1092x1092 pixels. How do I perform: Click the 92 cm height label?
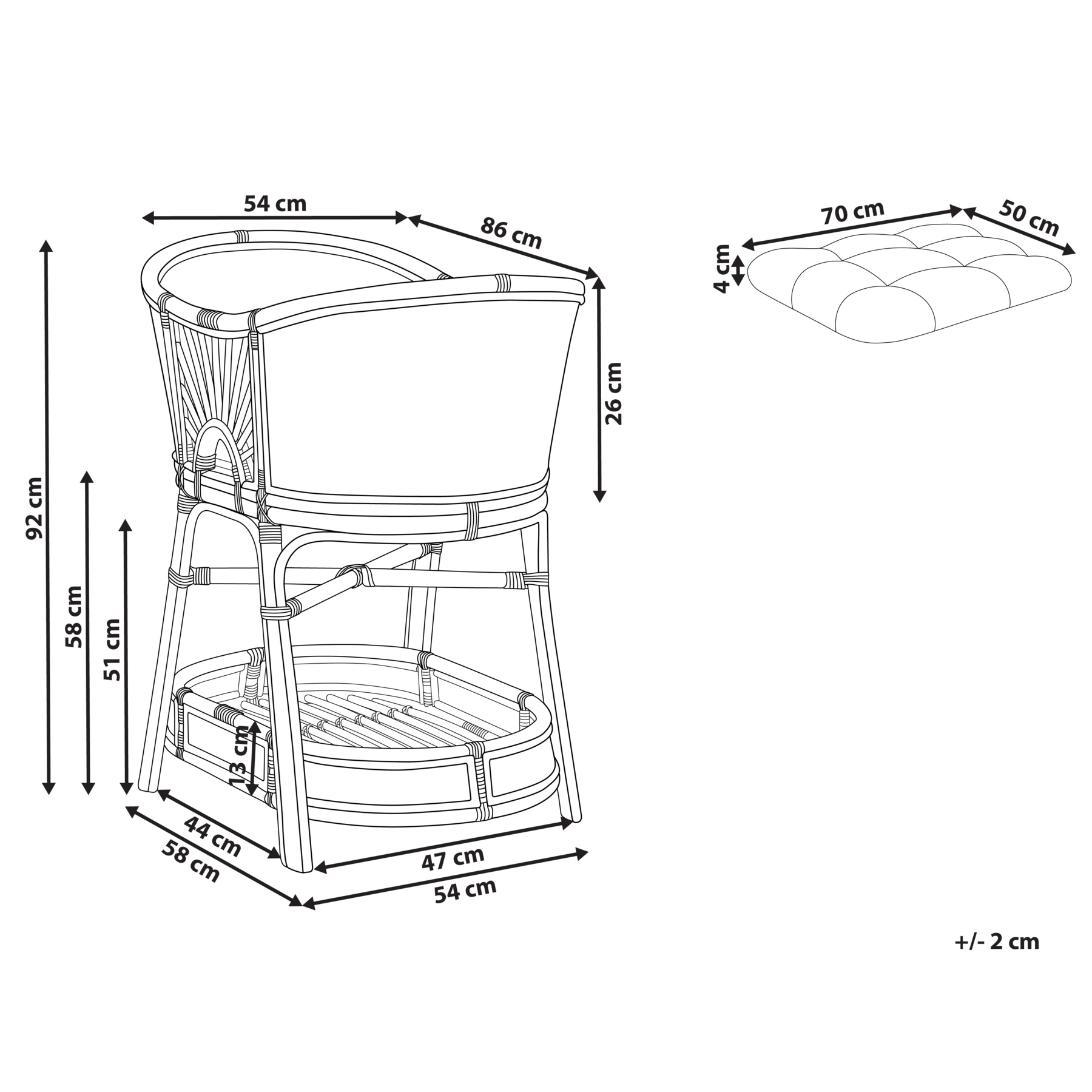pos(35,508)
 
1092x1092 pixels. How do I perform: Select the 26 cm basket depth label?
pos(614,393)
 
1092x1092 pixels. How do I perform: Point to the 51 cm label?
pos(112,649)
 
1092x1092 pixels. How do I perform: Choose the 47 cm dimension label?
pos(453,858)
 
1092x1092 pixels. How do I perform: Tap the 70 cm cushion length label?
pos(852,212)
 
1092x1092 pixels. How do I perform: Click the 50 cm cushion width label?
pos(1029,218)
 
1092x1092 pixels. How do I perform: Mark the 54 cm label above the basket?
pos(275,204)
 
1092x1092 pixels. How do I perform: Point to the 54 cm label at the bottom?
pos(465,891)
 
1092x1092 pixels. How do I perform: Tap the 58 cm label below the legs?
pos(190,861)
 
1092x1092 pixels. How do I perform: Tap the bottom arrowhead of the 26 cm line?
pos(599,496)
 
